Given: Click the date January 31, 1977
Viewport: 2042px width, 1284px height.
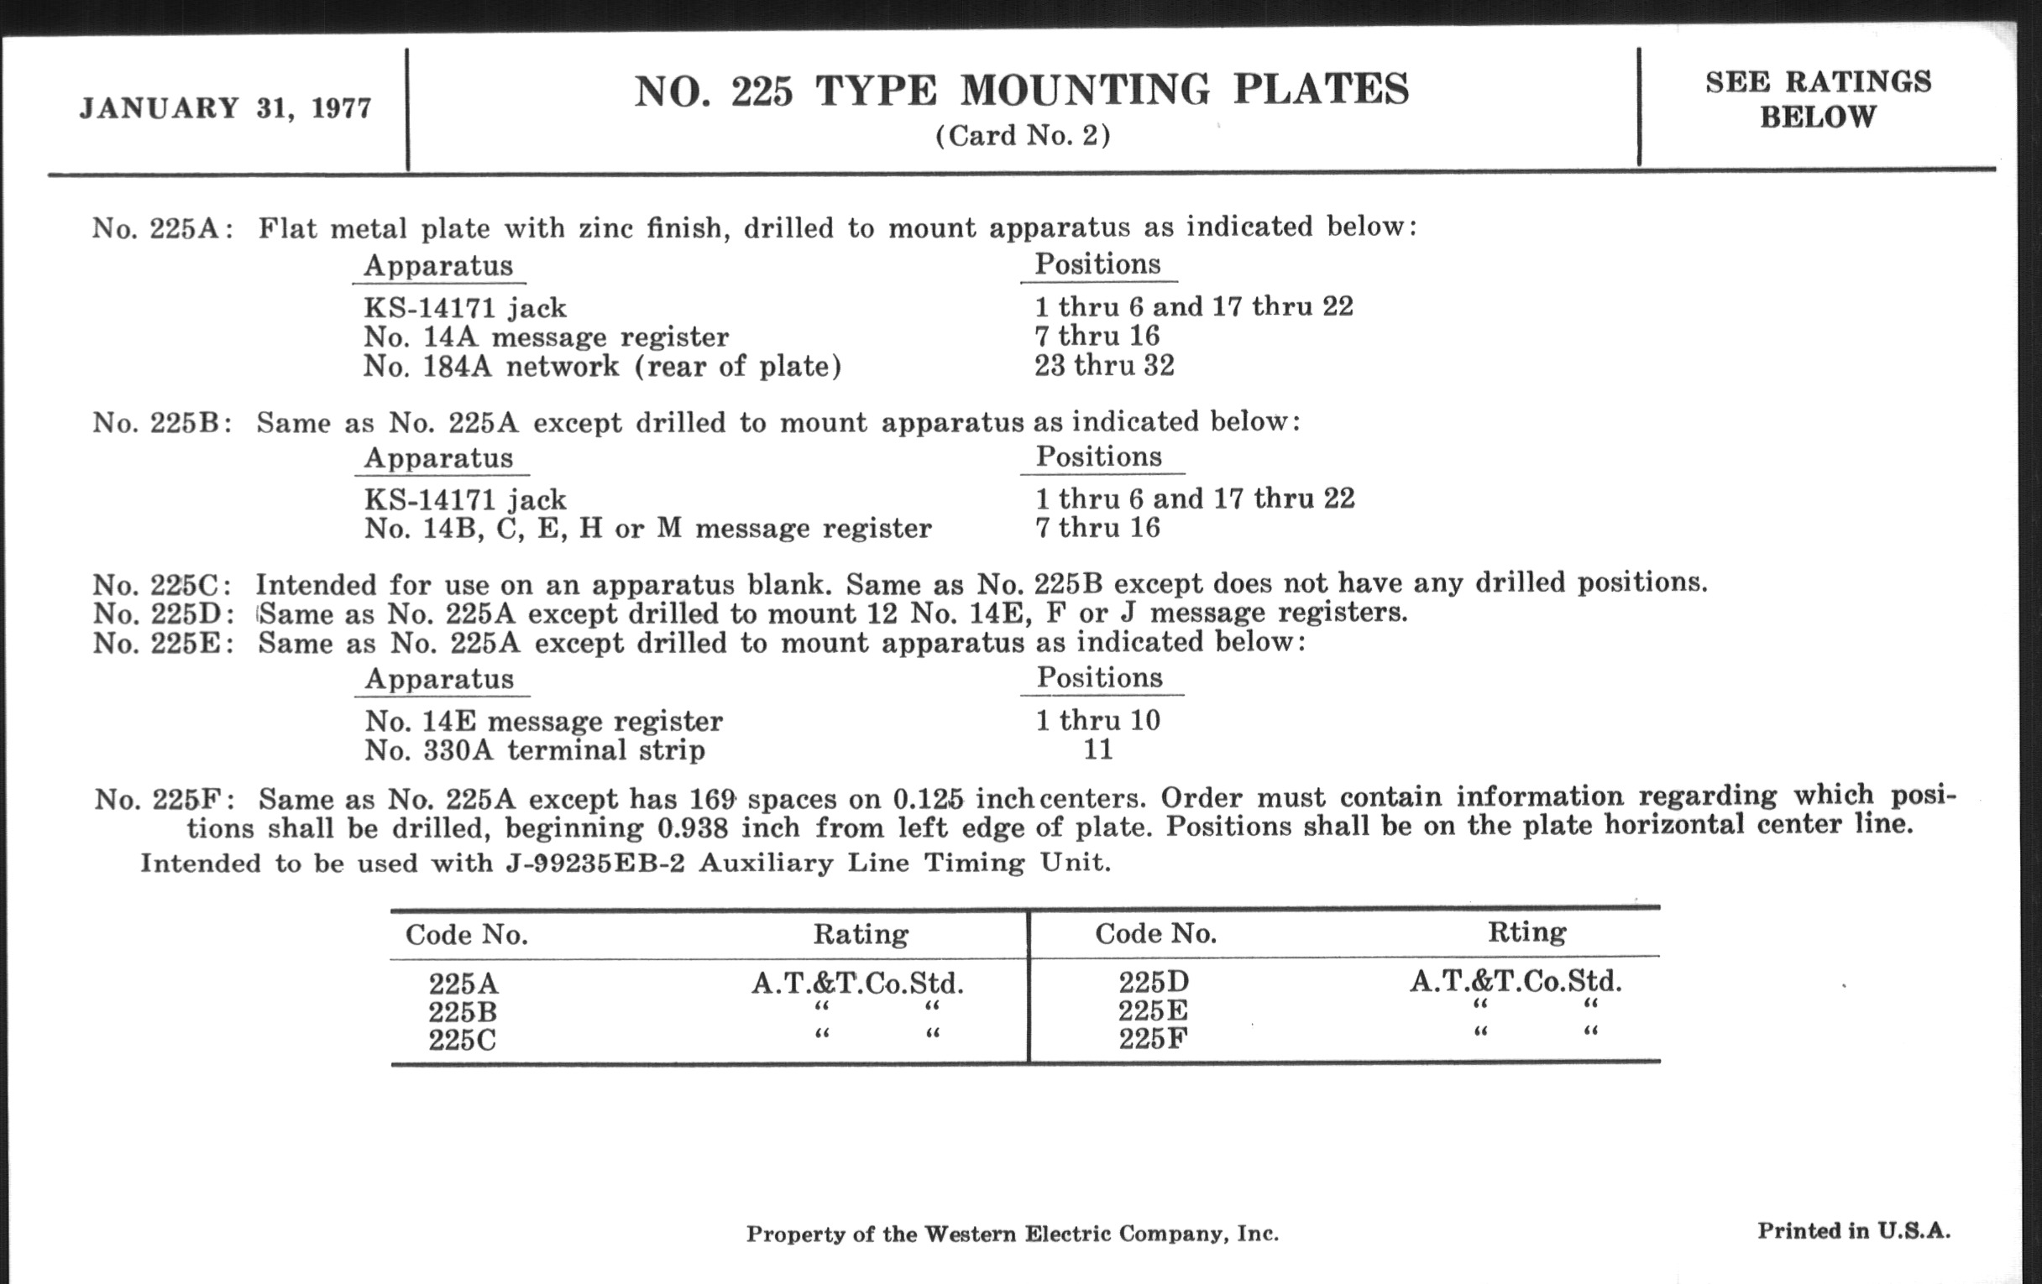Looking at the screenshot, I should coord(226,109).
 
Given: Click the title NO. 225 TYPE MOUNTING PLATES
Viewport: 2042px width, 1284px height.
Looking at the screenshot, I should coord(1022,91).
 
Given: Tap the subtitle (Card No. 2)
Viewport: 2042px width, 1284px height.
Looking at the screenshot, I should coord(1023,136).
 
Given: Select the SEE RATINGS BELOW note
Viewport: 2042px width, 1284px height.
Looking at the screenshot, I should coord(1818,99).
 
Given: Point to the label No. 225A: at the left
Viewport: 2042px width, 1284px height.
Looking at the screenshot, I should coord(162,229).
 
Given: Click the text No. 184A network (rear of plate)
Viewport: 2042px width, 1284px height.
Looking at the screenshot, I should coord(602,366).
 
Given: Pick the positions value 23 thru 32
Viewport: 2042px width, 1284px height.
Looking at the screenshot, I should coord(1104,365).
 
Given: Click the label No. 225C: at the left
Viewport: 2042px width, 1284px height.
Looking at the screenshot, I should coord(162,585).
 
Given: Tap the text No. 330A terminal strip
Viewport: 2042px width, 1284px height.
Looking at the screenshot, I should coord(534,750).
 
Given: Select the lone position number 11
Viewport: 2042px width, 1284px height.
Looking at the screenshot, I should coord(1098,749).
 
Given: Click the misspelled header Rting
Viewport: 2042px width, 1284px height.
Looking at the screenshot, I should coord(1526,932).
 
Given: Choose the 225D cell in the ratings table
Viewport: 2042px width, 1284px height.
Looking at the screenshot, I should coord(1154,982).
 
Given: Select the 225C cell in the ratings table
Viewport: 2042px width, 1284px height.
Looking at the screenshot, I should coord(462,1040).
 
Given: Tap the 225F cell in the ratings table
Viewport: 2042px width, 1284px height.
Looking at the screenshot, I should coord(1153,1038).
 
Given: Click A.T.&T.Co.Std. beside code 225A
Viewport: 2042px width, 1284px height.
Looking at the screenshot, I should coord(857,983).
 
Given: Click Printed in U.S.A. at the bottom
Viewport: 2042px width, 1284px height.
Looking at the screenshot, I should coord(1854,1230).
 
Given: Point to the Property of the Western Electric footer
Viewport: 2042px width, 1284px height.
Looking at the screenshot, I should coord(1012,1234).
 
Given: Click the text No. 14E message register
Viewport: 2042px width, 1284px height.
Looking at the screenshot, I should coord(543,721).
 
